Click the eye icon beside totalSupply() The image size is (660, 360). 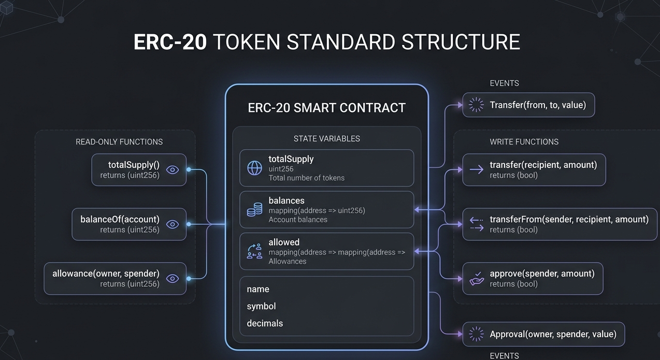click(x=173, y=169)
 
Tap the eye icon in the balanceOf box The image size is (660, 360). click(x=173, y=224)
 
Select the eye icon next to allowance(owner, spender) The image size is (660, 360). click(x=173, y=279)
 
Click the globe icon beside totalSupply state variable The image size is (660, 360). click(x=254, y=168)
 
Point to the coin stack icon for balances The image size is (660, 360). click(x=254, y=210)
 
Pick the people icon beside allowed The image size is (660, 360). click(x=254, y=251)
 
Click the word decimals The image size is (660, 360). click(x=265, y=323)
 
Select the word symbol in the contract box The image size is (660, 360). click(x=261, y=306)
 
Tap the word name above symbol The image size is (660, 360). click(x=258, y=289)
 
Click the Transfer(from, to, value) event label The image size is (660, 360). click(x=538, y=105)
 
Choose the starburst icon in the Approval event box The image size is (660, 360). click(x=476, y=334)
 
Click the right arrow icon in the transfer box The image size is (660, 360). click(x=476, y=169)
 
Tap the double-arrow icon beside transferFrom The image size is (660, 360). click(x=476, y=224)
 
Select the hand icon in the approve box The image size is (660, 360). click(x=476, y=279)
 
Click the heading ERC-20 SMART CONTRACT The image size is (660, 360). click(x=326, y=108)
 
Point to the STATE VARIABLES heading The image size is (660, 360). click(x=326, y=138)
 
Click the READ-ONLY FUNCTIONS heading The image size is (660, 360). click(x=119, y=141)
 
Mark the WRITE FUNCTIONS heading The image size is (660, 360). click(x=524, y=141)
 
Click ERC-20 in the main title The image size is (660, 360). click(x=170, y=42)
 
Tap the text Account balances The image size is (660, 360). click(x=298, y=220)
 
